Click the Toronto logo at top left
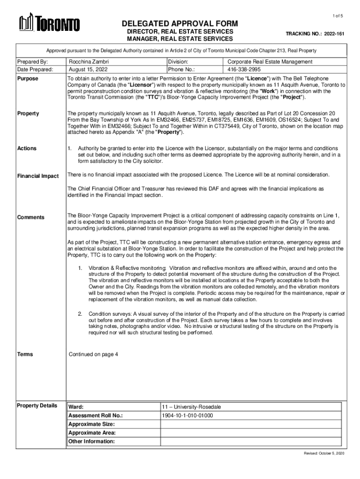click(x=49, y=23)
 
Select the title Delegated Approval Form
click(x=180, y=24)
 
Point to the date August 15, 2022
click(x=86, y=69)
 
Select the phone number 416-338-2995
click(x=244, y=69)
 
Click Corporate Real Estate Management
click(x=270, y=62)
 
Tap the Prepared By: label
click(x=32, y=62)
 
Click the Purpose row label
click(x=28, y=79)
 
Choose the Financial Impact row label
click(x=38, y=176)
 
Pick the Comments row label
click(x=31, y=217)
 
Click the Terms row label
click(x=25, y=354)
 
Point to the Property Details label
click(x=37, y=406)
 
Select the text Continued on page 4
click(x=93, y=354)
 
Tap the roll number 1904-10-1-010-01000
click(x=187, y=415)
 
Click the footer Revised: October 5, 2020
click(x=324, y=454)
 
